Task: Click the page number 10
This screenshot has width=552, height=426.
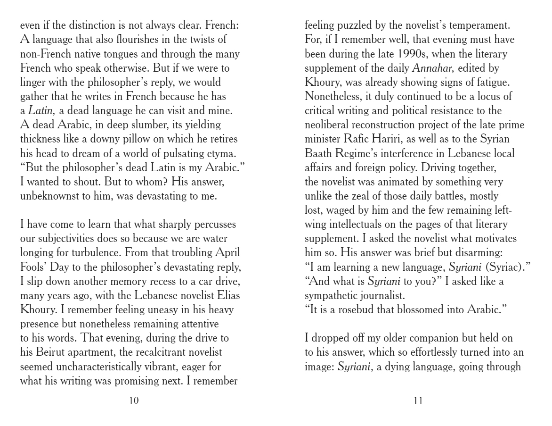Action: pyautogui.click(x=134, y=401)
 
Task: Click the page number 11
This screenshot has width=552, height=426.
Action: pyautogui.click(x=418, y=401)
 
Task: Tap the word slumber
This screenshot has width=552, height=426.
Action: pyautogui.click(x=162, y=125)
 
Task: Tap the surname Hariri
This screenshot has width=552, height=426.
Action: pyautogui.click(x=409, y=140)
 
